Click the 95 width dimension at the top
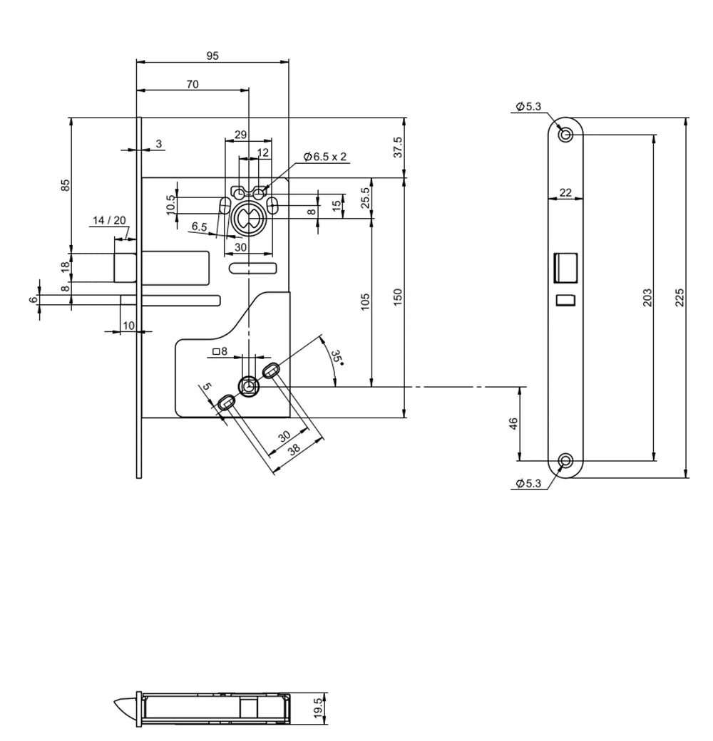(x=212, y=56)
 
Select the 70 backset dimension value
(x=193, y=84)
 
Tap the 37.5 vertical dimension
(x=398, y=147)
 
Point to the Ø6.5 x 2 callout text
(x=326, y=157)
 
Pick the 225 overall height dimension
(x=679, y=297)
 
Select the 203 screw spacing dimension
(x=647, y=297)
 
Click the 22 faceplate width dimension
(x=565, y=192)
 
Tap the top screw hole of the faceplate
(x=566, y=135)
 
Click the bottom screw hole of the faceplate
(x=566, y=460)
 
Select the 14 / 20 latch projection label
(x=108, y=221)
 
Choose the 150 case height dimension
(x=398, y=297)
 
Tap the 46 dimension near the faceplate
(x=513, y=424)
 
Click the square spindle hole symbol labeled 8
(x=220, y=351)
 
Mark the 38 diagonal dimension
(x=294, y=449)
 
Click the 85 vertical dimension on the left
(x=65, y=185)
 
